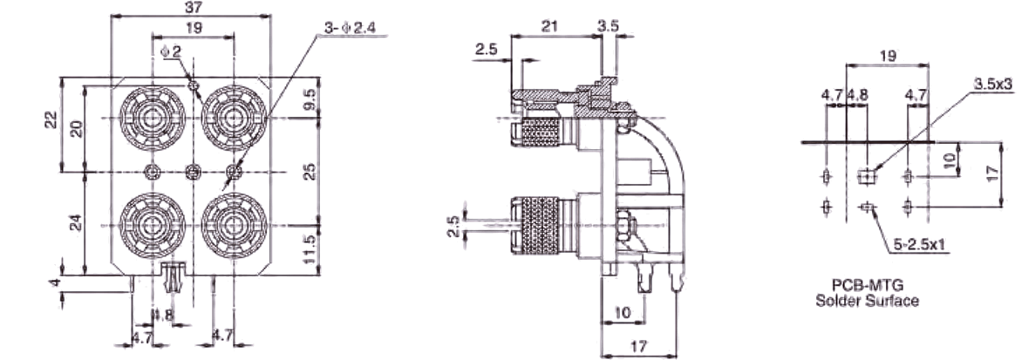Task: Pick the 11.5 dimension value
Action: [310, 248]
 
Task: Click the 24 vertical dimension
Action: [76, 223]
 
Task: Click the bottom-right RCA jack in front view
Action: [234, 225]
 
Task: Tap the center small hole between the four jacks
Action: [193, 172]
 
